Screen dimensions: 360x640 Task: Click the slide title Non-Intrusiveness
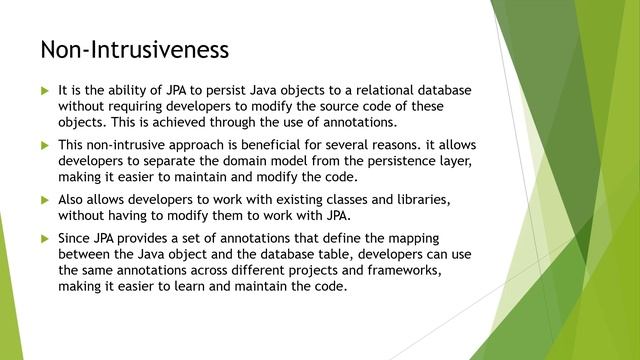(x=134, y=48)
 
